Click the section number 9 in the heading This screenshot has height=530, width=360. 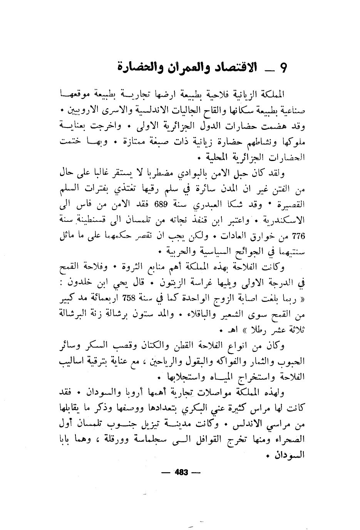284,69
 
